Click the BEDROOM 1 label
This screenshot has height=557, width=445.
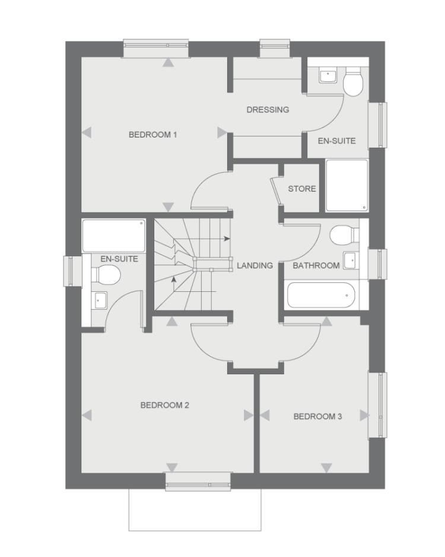pyautogui.click(x=152, y=135)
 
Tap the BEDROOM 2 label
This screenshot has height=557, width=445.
pyautogui.click(x=164, y=405)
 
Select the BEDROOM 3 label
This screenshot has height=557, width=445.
pyautogui.click(x=317, y=416)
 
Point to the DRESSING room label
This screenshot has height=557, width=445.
pyautogui.click(x=268, y=110)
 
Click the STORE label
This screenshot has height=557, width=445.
pyautogui.click(x=302, y=189)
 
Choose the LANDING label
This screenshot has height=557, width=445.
pyautogui.click(x=255, y=266)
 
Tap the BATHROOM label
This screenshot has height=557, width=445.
pyautogui.click(x=316, y=266)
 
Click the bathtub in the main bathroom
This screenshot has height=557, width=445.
pyautogui.click(x=320, y=295)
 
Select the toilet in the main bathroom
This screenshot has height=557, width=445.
pyautogui.click(x=344, y=234)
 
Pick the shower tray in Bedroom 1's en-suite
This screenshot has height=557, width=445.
pyautogui.click(x=347, y=185)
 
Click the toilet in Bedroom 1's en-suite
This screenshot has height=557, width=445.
pyautogui.click(x=353, y=82)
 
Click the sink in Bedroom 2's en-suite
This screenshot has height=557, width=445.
pyautogui.click(x=98, y=300)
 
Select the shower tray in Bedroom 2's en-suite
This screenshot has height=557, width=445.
pyautogui.click(x=113, y=235)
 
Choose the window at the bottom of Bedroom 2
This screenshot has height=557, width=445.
pyautogui.click(x=198, y=482)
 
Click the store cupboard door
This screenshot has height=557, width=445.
pyautogui.click(x=275, y=192)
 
